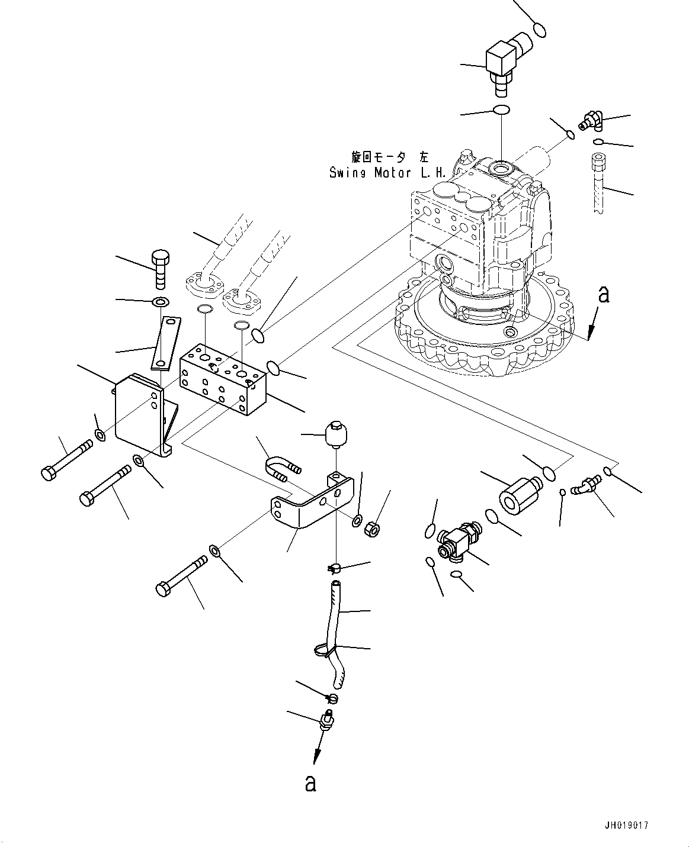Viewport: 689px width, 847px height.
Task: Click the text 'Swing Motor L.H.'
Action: click(x=387, y=173)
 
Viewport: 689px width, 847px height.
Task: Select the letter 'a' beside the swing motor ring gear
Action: click(x=603, y=294)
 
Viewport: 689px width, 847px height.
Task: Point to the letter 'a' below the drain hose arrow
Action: click(x=310, y=782)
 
